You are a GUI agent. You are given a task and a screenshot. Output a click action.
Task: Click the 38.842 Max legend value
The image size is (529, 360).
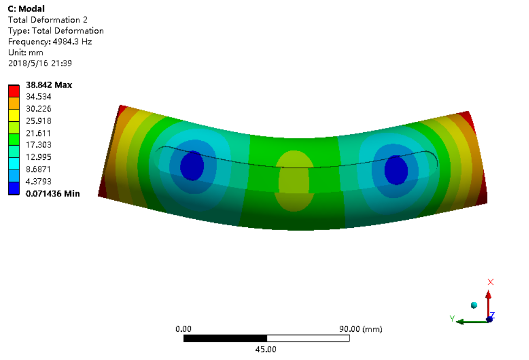click(49, 85)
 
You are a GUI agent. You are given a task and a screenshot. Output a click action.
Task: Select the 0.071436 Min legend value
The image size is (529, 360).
click(53, 194)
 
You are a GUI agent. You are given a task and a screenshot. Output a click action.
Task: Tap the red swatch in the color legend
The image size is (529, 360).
click(14, 91)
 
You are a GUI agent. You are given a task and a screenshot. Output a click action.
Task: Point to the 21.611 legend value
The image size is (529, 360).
click(39, 133)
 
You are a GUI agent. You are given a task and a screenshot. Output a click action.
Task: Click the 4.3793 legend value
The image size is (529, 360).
click(39, 182)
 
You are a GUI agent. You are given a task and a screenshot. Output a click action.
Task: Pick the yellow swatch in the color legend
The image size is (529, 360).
click(14, 116)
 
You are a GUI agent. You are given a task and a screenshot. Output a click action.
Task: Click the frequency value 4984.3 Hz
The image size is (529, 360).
click(72, 41)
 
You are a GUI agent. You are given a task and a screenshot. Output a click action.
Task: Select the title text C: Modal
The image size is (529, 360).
click(26, 9)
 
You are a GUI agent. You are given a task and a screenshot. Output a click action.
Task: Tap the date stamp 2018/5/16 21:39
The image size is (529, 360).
click(40, 63)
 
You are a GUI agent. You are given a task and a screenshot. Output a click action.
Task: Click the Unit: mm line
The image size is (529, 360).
click(26, 52)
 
